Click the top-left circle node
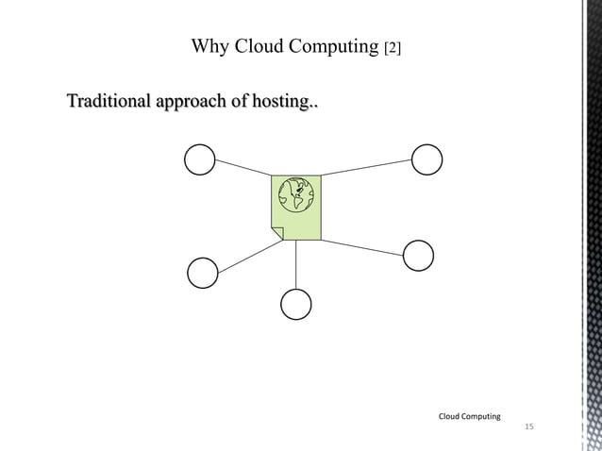click(200, 159)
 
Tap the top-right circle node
click(426, 159)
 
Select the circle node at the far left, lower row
click(203, 273)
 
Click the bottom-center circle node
click(296, 304)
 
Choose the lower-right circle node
click(418, 256)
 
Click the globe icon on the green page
click(296, 193)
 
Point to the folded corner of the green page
click(277, 233)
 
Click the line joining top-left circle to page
click(242, 168)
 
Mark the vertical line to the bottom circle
click(296, 264)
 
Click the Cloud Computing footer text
click(470, 415)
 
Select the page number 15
click(528, 429)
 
